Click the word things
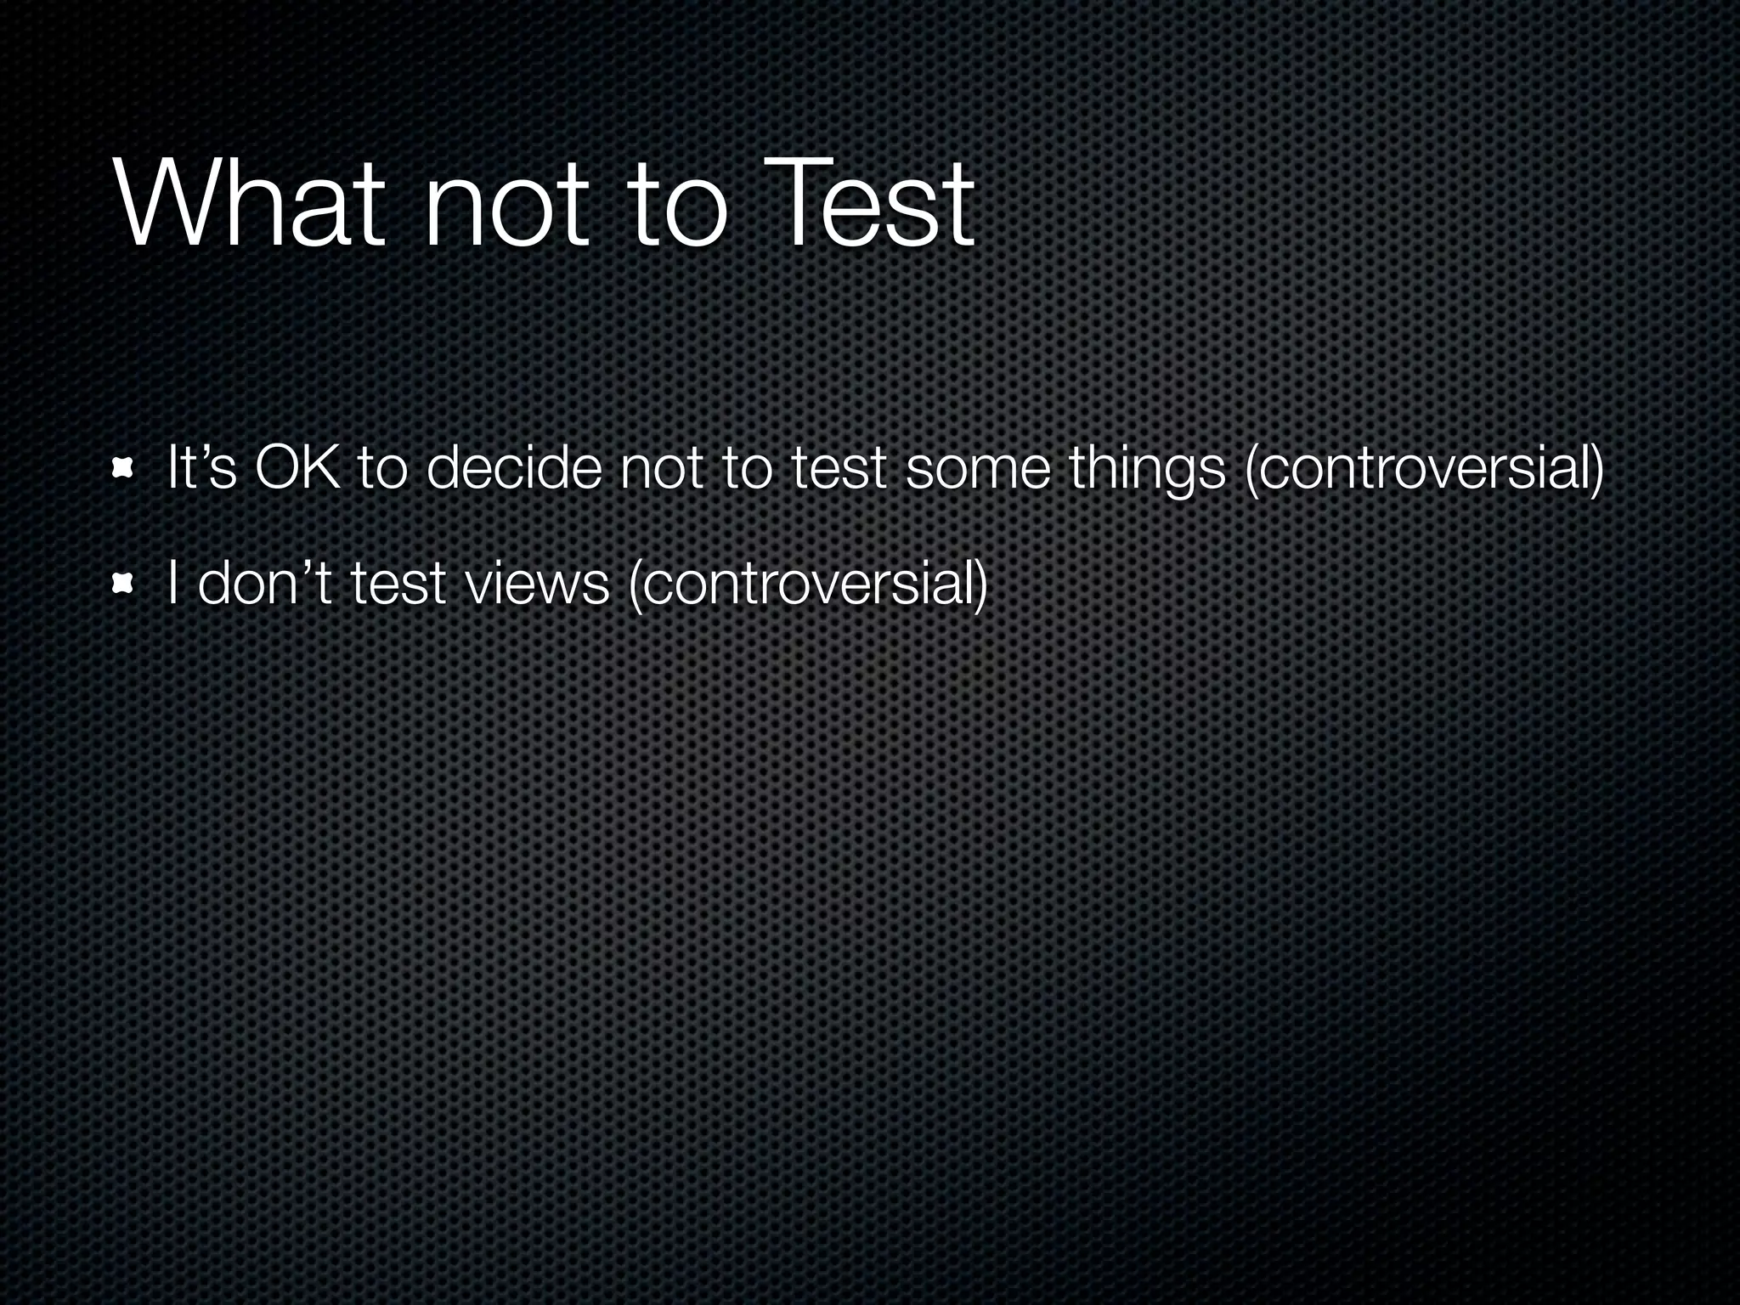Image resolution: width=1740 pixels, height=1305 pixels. (1147, 469)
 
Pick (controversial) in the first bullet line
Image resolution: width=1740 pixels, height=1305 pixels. (1424, 469)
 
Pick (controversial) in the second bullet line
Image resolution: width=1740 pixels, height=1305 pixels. (806, 585)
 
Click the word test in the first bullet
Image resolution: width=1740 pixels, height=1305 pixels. (838, 469)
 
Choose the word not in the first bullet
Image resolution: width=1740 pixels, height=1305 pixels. (661, 469)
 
